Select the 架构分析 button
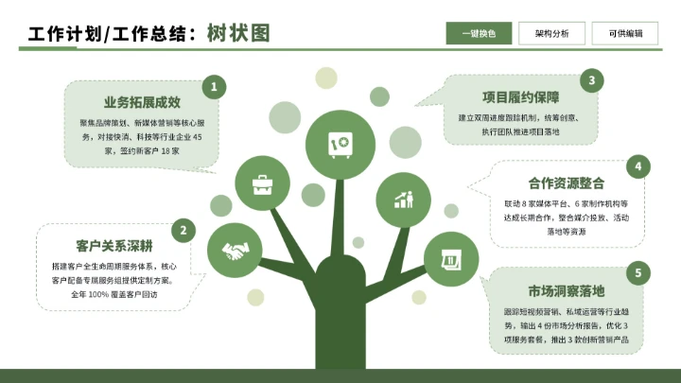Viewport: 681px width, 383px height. point(551,33)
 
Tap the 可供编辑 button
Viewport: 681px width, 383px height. point(625,33)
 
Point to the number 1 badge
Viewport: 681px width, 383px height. point(214,88)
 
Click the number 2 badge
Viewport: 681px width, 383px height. point(183,229)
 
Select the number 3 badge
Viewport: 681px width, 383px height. point(591,80)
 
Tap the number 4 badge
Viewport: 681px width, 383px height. point(638,167)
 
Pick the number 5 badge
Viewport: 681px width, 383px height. point(638,274)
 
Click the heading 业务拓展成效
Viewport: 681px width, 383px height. point(142,101)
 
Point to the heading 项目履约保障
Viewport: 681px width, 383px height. point(521,96)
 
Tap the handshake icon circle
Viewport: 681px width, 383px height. point(234,251)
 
